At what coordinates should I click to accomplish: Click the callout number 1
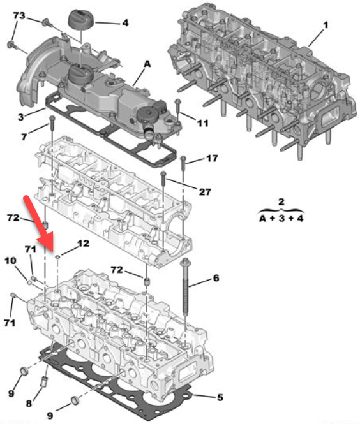[326, 25]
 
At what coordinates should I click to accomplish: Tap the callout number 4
[125, 23]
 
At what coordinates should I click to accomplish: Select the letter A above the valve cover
[147, 64]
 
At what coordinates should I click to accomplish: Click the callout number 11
[203, 123]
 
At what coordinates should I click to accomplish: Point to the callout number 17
[212, 158]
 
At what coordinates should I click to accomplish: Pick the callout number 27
[205, 192]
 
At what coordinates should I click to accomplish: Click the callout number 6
[216, 278]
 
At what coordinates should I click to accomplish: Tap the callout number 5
[220, 397]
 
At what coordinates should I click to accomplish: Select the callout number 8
[29, 404]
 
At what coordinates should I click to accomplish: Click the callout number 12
[83, 244]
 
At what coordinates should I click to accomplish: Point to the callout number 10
[10, 261]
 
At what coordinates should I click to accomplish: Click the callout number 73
[19, 16]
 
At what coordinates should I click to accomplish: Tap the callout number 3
[21, 117]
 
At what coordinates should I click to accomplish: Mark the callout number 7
[24, 137]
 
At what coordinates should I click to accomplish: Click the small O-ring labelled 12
[58, 256]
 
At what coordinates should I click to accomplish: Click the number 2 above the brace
[281, 201]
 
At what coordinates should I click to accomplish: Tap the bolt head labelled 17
[183, 158]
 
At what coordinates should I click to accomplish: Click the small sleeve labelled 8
[44, 381]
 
